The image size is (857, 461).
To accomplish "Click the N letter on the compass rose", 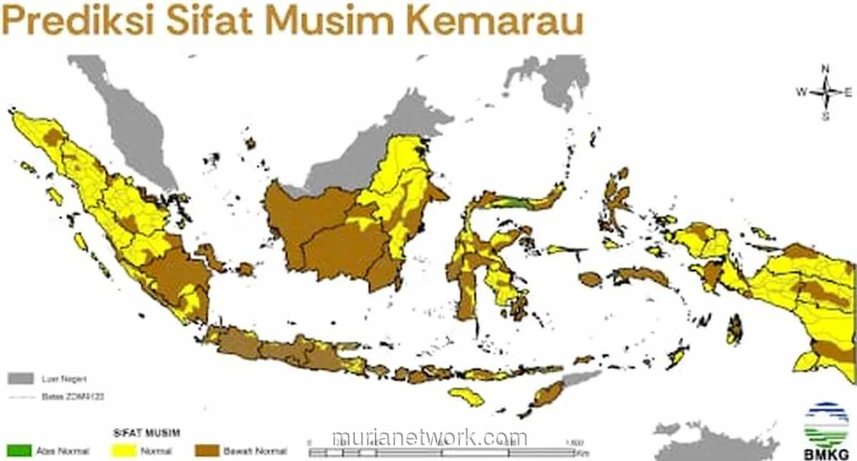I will (825, 69).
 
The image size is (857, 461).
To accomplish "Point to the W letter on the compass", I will (801, 92).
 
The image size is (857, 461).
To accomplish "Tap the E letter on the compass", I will (848, 92).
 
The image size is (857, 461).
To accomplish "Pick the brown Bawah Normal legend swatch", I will (207, 451).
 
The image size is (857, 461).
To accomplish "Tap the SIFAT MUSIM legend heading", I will (146, 432).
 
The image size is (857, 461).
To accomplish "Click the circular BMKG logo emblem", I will (826, 424).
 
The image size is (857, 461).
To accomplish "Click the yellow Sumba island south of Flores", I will (467, 396).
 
